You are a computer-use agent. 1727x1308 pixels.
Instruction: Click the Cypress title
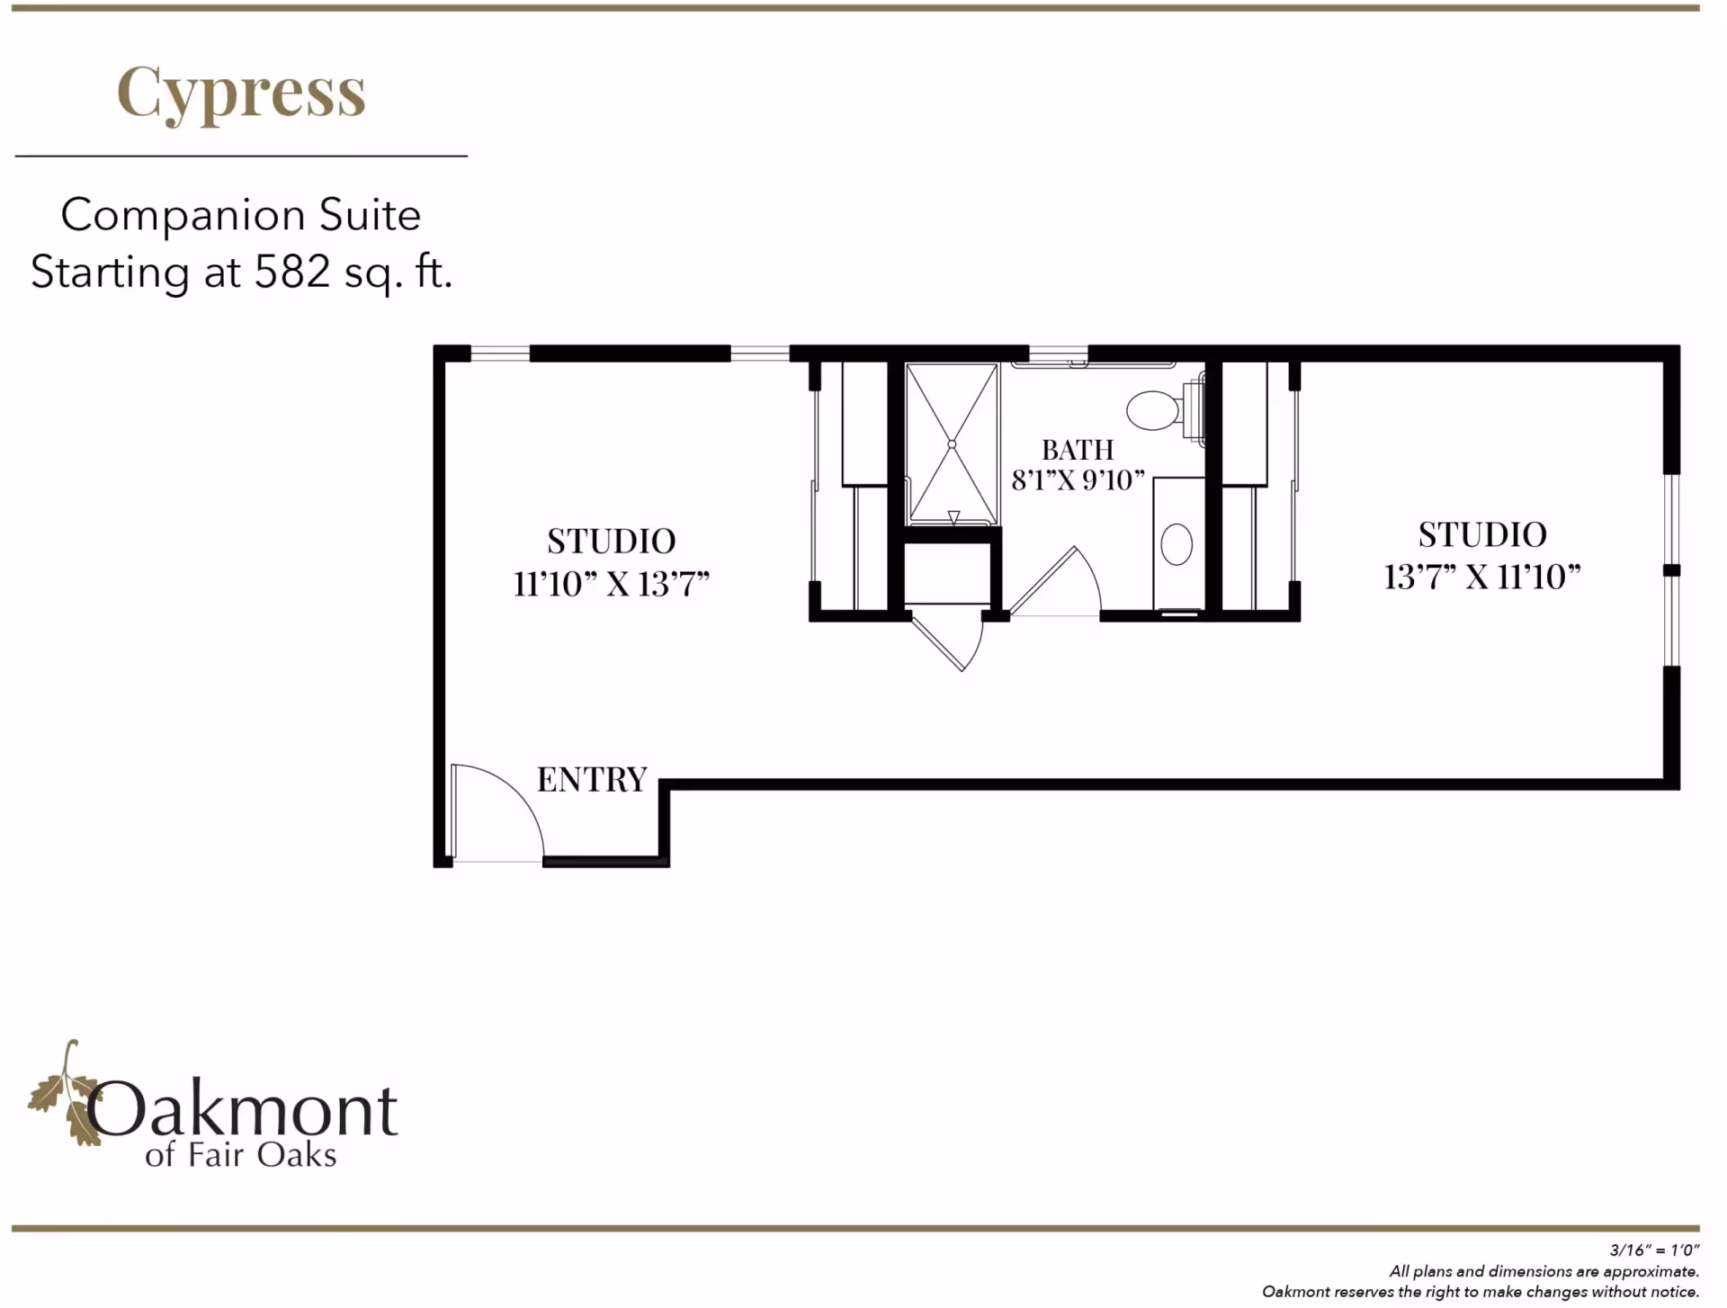click(x=241, y=93)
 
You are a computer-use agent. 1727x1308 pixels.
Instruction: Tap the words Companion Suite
click(x=241, y=216)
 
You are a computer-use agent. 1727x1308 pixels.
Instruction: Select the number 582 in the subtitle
click(x=292, y=272)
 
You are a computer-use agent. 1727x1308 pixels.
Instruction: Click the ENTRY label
click(x=592, y=779)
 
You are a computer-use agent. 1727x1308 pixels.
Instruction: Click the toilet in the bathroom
click(x=1154, y=410)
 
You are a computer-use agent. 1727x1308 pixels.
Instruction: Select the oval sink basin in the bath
click(x=1177, y=544)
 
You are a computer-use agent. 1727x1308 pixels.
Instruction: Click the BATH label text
click(x=1078, y=450)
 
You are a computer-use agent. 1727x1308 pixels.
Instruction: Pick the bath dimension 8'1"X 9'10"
click(x=1078, y=480)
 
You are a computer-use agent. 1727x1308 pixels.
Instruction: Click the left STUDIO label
click(x=612, y=542)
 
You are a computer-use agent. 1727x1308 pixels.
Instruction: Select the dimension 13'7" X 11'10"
click(x=1481, y=577)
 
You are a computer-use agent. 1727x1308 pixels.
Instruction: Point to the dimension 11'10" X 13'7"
click(x=612, y=585)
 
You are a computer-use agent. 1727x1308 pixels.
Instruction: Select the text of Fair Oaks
click(x=241, y=1155)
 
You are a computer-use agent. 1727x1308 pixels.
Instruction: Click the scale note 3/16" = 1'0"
click(x=1654, y=1250)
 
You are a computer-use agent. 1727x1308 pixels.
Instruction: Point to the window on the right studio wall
click(x=1671, y=570)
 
